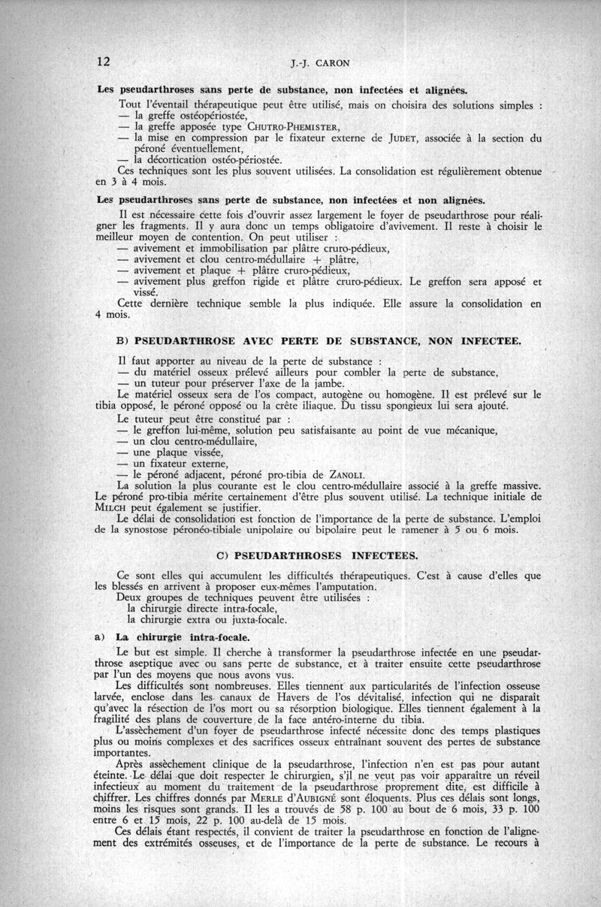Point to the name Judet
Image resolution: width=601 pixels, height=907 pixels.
(388, 138)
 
